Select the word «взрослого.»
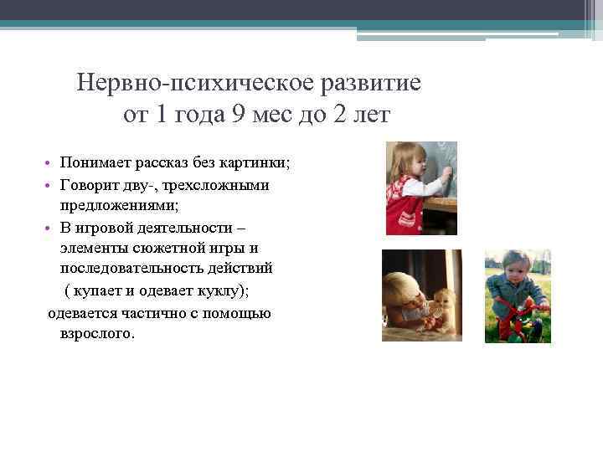[96, 332]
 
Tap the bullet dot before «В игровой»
[50, 228]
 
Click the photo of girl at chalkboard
[420, 188]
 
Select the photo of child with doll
[421, 295]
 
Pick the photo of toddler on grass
[518, 296]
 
